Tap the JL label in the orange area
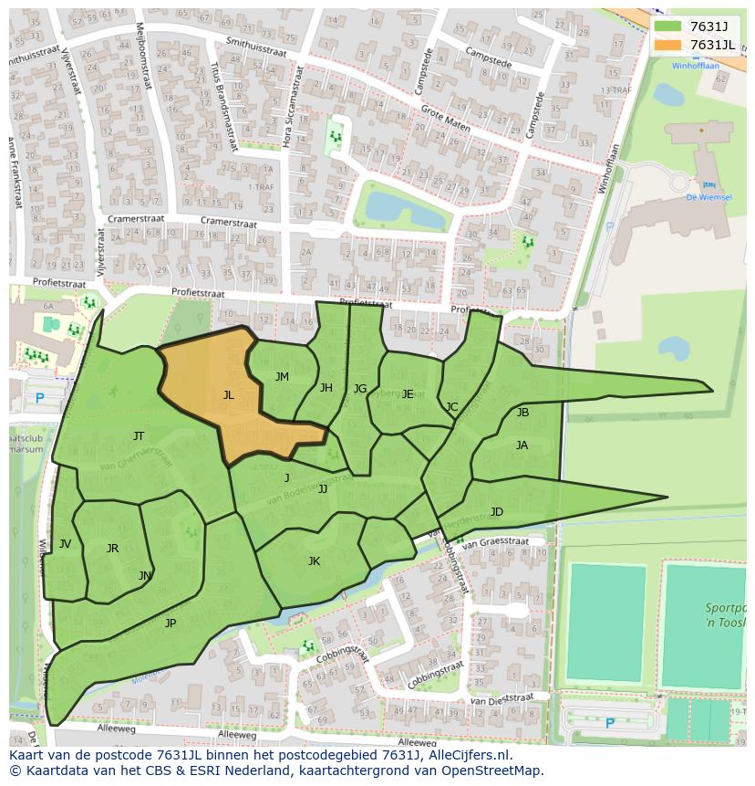pos(229,395)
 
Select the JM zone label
pos(282,377)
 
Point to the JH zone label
pos(326,388)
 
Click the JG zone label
pos(360,389)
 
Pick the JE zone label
pos(408,394)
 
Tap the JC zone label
pos(451,407)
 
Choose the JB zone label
pos(522,413)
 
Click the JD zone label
pos(496,512)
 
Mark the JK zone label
pos(314,561)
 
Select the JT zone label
pos(139,436)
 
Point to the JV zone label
pos(65,544)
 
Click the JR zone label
pos(112,549)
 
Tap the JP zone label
pos(170,624)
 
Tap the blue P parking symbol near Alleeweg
pos(610,724)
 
